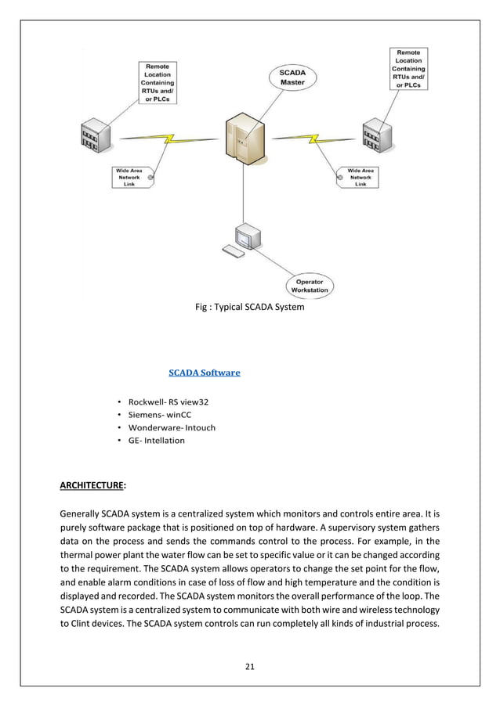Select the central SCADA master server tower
coord(245,141)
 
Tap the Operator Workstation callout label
coord(310,286)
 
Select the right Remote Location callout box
coord(408,69)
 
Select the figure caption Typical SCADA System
coord(249,308)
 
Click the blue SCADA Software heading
coord(205,373)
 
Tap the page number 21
coord(250,667)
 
